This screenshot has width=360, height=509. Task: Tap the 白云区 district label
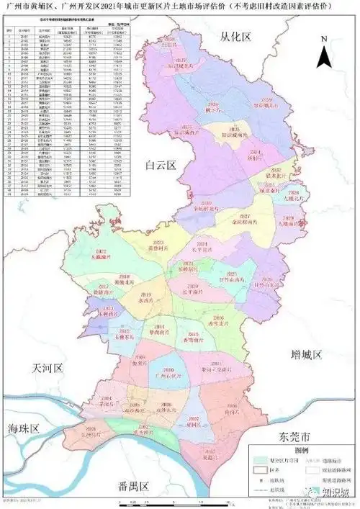(161, 165)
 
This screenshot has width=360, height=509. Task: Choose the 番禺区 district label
(134, 486)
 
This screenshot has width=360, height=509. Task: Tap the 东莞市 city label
(297, 437)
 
